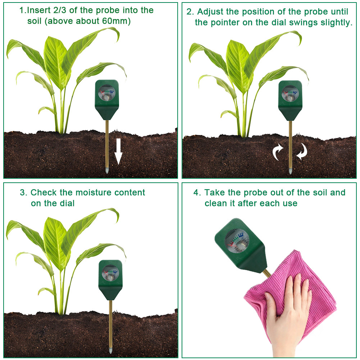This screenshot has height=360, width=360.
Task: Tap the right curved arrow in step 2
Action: coord(302,151)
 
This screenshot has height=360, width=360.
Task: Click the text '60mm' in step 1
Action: coord(116,21)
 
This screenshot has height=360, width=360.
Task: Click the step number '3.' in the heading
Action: coord(24,192)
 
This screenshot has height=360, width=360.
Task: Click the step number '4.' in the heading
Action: coord(197,192)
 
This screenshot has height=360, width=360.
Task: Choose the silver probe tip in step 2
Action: coord(290,171)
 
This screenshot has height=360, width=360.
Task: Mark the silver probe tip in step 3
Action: coord(110,350)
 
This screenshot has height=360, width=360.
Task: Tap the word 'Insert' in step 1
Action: coord(38,10)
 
